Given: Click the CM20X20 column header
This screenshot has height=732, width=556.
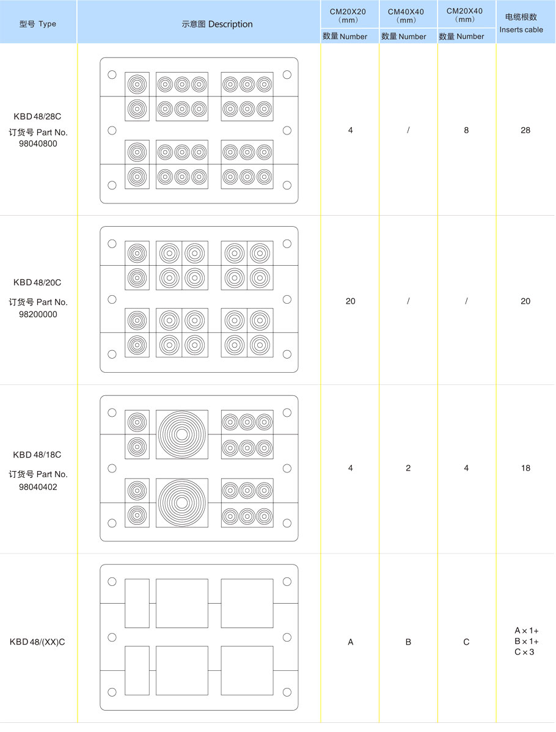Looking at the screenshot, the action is coord(348,15).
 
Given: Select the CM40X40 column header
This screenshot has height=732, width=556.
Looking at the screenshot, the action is coord(406,15).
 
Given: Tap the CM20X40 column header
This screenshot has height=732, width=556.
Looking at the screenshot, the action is coord(464,15).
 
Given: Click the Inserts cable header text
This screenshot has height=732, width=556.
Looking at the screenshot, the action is coord(521,29).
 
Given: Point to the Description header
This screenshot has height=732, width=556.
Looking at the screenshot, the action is coord(217,24).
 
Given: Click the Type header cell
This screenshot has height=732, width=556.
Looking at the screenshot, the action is coord(38,24).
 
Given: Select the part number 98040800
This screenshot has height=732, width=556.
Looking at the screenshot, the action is coord(38,144).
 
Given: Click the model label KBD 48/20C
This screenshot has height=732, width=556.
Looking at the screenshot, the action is coord(37,282).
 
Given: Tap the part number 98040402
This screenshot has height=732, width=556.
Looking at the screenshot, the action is coord(38,487).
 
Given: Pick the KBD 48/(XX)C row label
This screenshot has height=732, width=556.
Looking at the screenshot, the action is coord(37,642).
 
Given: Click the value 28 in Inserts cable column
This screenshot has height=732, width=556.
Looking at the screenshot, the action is coord(525,130).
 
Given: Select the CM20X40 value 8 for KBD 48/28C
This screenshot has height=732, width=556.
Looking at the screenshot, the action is coord(466,130).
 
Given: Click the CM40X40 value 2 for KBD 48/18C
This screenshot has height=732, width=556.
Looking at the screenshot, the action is coord(408,468).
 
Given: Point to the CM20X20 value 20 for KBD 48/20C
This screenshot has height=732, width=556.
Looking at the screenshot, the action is coord(350,301).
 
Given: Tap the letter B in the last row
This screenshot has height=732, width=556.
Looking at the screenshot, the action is coord(408,642).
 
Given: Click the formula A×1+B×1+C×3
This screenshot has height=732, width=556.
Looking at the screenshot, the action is coord(526,642).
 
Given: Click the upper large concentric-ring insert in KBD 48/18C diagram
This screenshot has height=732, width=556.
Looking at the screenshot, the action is coord(182,434).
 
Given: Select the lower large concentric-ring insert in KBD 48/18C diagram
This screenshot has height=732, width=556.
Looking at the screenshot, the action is coord(182,503).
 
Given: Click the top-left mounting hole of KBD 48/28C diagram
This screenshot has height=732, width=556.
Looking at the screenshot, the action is coord(112,75).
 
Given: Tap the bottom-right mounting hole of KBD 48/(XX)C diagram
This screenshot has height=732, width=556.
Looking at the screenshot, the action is coord(287,692).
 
